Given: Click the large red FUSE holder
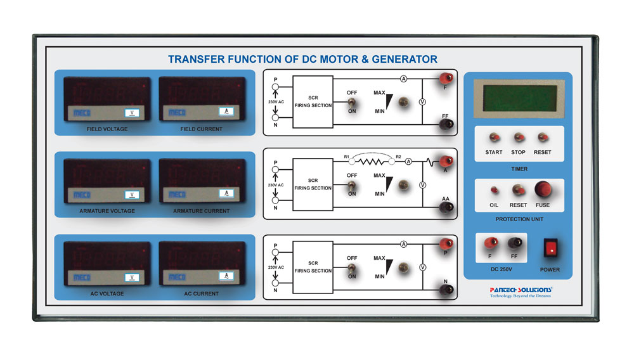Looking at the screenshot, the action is [x=543, y=190].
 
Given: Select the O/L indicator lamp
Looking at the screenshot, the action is [x=494, y=190].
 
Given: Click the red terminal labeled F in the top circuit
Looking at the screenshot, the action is [x=446, y=79].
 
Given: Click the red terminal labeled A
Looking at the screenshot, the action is [x=446, y=161].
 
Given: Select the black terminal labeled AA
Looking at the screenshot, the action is [x=446, y=207].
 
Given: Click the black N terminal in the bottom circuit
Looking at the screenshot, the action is [x=446, y=289].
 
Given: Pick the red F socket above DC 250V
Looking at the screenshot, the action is [x=489, y=242].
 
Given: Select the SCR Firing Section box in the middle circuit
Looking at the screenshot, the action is [x=313, y=184].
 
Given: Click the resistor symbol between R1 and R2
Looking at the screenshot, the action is [x=372, y=162].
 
